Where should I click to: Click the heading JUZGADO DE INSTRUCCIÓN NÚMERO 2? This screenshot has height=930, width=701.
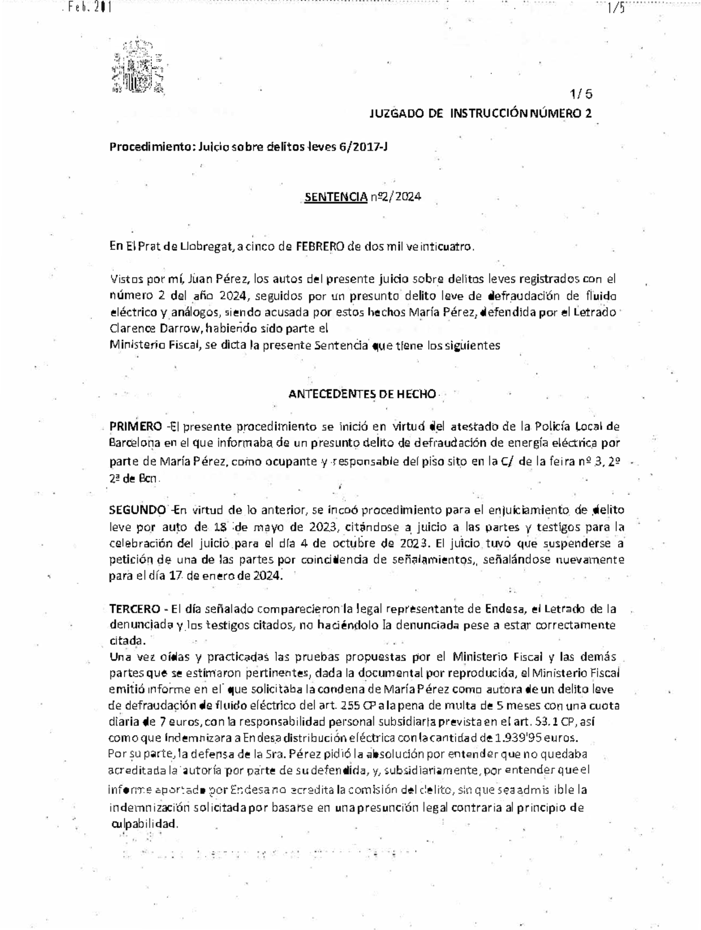coord(480,114)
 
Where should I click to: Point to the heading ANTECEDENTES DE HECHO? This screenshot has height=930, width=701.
coord(362,394)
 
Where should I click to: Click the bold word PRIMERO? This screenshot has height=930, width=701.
coord(136,426)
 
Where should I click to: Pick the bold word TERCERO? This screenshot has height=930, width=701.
coord(134,609)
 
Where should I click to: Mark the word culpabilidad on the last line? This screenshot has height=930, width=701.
coord(143,824)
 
